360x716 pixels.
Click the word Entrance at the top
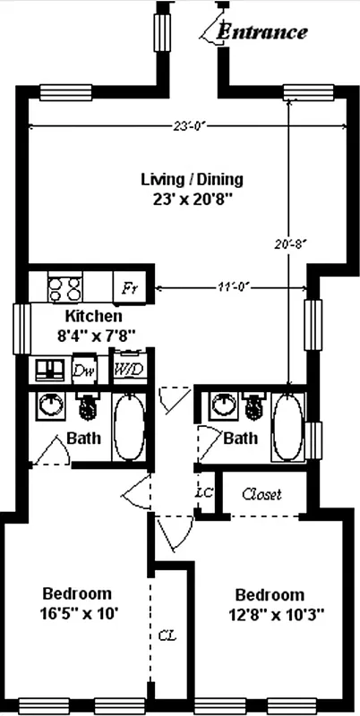[263, 32]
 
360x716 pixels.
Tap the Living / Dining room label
[192, 179]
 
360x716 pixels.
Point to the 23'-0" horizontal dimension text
[190, 126]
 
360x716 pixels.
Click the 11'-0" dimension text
[230, 288]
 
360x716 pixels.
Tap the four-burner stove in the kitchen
[64, 288]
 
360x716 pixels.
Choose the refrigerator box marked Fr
[131, 289]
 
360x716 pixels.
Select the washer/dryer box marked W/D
[128, 369]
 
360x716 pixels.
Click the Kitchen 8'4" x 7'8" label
[93, 327]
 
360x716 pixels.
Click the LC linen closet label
[203, 493]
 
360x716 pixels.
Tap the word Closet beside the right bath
[262, 494]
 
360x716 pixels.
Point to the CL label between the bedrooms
[166, 635]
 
